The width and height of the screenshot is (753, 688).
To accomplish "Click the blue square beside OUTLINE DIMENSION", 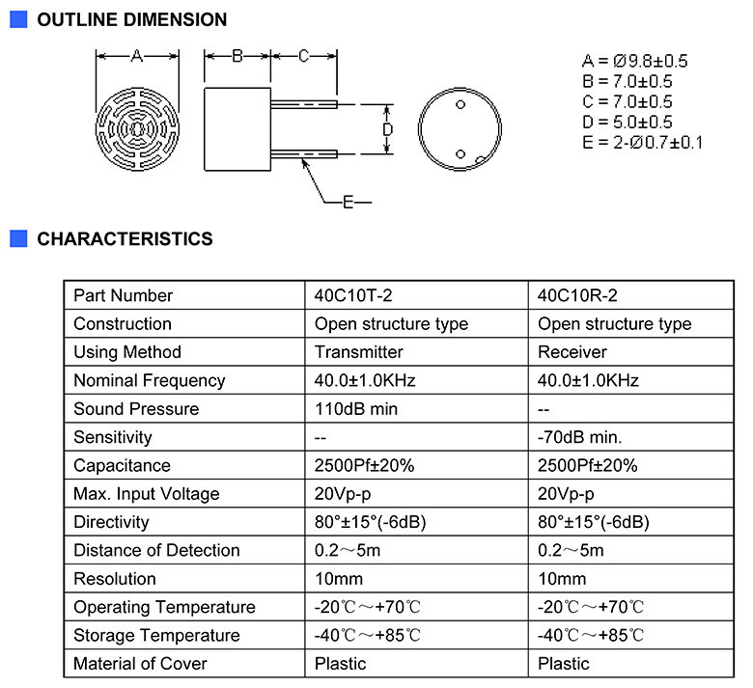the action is [18, 19].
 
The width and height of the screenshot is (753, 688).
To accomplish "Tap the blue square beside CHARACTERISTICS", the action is [18, 238].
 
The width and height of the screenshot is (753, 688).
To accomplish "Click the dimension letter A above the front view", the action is [137, 56].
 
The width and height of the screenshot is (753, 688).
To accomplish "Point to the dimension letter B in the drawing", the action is [237, 56].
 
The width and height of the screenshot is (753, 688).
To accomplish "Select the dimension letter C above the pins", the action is [303, 56].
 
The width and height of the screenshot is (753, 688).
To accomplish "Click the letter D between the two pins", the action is [387, 129].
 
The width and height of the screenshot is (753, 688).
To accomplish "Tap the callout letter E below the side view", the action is [349, 202].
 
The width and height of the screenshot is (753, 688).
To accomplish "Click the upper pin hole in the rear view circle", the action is [460, 104].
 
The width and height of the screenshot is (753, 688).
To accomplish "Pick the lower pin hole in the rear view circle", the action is [460, 154].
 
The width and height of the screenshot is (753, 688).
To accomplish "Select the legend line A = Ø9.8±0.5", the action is [634, 61].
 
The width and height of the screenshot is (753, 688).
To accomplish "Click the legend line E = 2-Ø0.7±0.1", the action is [642, 143].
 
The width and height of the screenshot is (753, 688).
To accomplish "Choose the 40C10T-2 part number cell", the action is [353, 295].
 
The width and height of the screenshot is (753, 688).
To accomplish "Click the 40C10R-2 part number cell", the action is [577, 295].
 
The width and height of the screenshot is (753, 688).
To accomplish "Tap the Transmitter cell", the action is [359, 352].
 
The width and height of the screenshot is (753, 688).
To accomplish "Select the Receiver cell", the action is [572, 352].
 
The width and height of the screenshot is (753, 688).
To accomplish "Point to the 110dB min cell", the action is [356, 409].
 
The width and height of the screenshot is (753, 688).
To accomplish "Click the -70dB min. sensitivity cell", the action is [579, 437].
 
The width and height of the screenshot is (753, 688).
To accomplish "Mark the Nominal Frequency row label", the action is [150, 381].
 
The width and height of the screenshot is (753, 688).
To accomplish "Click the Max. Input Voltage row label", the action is [147, 494].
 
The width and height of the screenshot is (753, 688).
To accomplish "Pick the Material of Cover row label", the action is [140, 664].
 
